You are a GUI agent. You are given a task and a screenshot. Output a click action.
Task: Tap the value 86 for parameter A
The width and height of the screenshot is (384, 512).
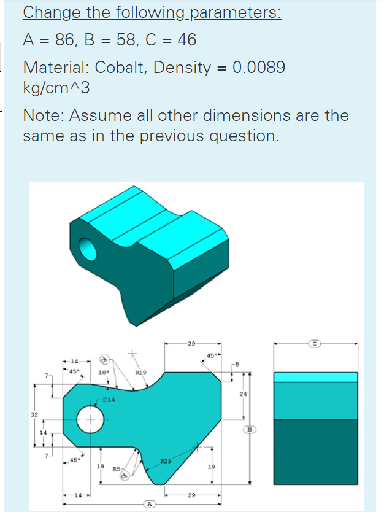(x=66, y=40)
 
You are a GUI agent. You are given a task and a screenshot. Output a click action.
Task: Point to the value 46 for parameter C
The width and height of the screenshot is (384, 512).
(x=186, y=40)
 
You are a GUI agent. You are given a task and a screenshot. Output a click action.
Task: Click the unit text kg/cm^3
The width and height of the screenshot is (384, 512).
(x=56, y=88)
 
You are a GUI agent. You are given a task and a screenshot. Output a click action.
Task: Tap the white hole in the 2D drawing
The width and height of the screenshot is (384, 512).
(x=90, y=421)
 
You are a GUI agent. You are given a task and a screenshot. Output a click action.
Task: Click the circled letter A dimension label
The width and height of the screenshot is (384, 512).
(x=148, y=503)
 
